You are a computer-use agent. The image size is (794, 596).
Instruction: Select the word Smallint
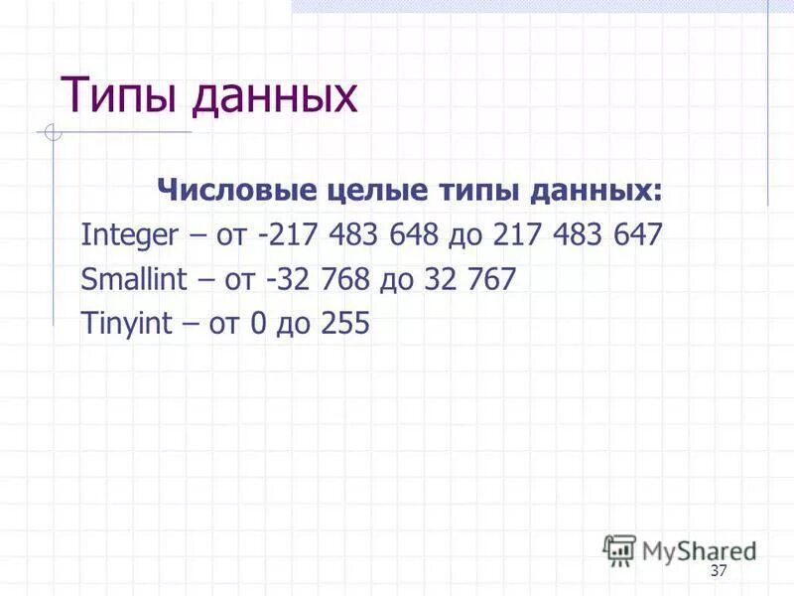pos(134,280)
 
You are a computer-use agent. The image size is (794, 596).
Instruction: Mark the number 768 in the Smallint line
pos(343,279)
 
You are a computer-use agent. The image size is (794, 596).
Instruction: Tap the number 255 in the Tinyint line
pos(344,323)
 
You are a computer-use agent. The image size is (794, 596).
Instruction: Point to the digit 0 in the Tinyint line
pos(258,323)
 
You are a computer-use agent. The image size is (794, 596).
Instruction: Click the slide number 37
pos(720,571)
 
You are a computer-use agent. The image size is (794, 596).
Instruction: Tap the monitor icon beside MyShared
pos(620,548)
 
